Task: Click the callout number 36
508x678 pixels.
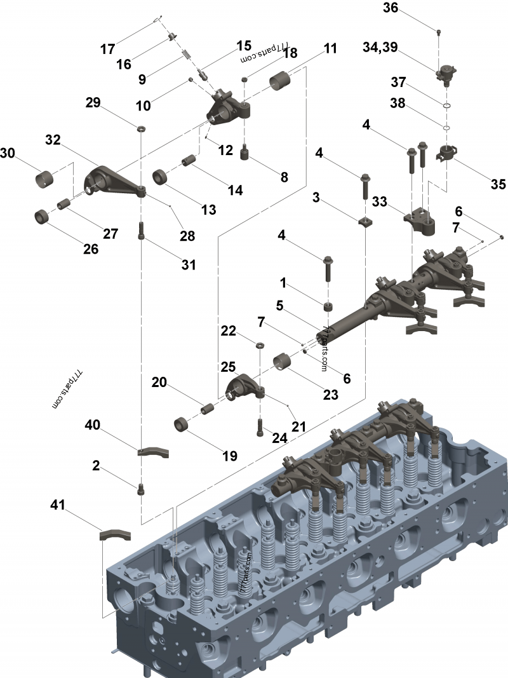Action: (x=391, y=8)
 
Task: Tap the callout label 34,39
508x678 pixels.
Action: (x=380, y=46)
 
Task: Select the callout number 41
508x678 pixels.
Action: (x=57, y=505)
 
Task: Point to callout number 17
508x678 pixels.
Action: (x=107, y=50)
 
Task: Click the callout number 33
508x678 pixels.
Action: (x=379, y=201)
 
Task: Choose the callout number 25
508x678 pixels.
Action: (x=228, y=367)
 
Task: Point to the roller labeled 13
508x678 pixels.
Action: (x=161, y=177)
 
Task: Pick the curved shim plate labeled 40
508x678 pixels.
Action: (x=153, y=452)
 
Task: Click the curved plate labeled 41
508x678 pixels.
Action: (x=115, y=535)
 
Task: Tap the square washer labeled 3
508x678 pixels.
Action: (x=366, y=222)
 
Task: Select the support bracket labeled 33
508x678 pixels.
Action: (x=420, y=222)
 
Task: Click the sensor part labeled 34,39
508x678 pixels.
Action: (x=446, y=74)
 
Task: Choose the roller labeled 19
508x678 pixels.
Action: (x=182, y=424)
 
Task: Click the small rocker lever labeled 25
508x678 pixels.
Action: (x=245, y=387)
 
